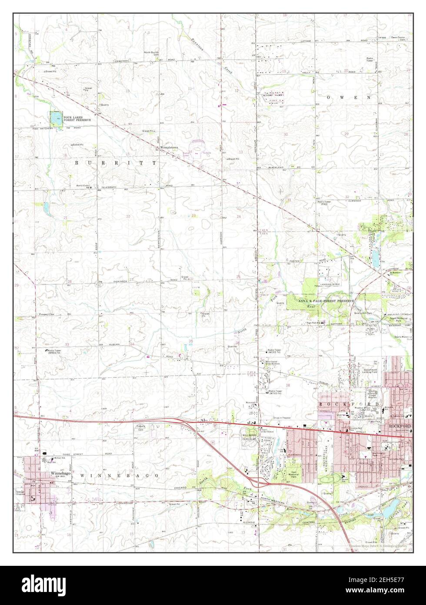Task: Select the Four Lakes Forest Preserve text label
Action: [77, 118]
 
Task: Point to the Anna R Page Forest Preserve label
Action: [326, 301]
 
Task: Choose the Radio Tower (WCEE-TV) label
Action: [275, 351]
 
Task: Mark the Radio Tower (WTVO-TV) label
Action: [275, 392]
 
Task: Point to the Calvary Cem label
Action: [140, 427]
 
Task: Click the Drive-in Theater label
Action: [282, 418]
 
